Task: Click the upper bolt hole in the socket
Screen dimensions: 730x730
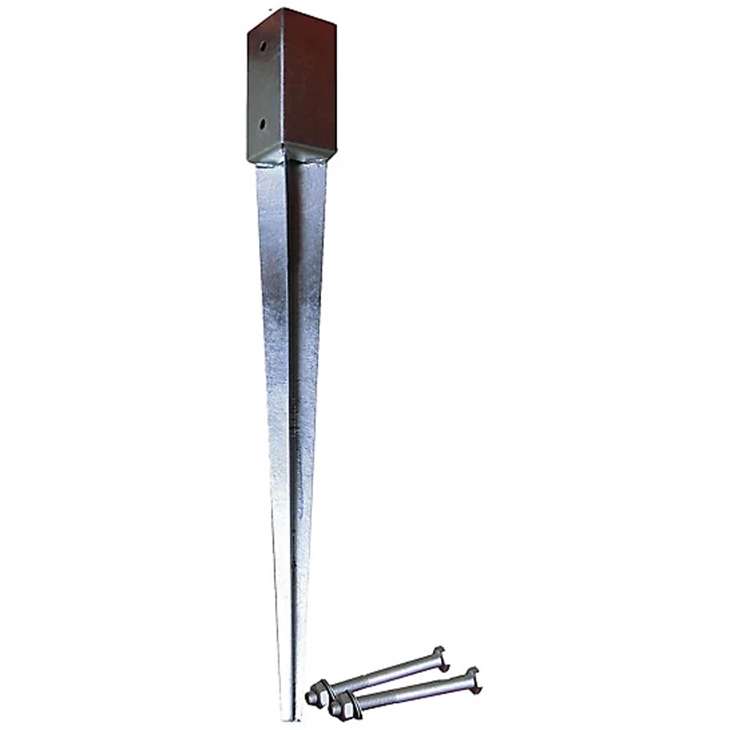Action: click(x=262, y=46)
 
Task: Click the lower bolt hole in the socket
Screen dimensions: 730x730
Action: click(x=262, y=123)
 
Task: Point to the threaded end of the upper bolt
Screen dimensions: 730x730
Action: click(x=309, y=698)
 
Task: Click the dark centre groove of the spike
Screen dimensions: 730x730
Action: click(x=292, y=365)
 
